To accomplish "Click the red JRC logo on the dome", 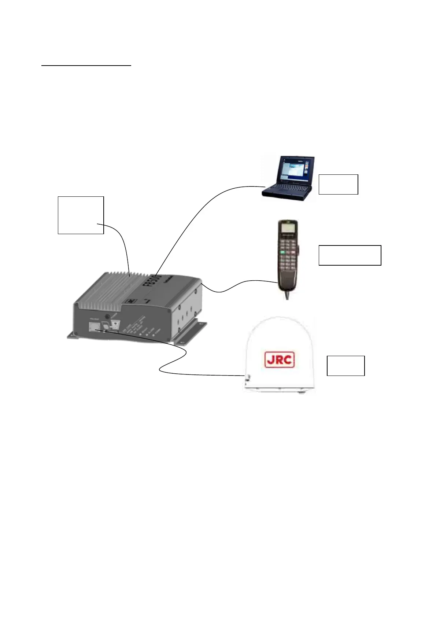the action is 279,359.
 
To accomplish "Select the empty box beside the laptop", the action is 338,184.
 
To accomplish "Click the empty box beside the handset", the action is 350,255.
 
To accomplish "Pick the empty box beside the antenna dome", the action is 346,365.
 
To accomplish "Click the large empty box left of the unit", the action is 81,215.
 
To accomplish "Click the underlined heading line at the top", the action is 86,66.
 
